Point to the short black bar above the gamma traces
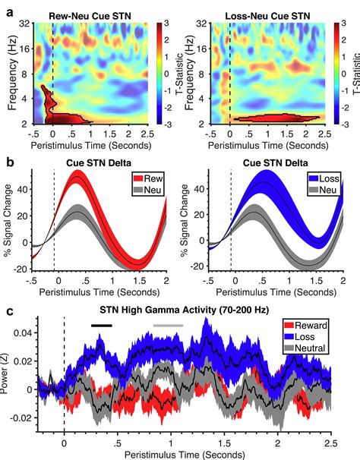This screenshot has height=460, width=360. [101, 325]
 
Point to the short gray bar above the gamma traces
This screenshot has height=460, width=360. [168, 325]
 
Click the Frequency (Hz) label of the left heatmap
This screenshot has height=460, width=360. [11, 73]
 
